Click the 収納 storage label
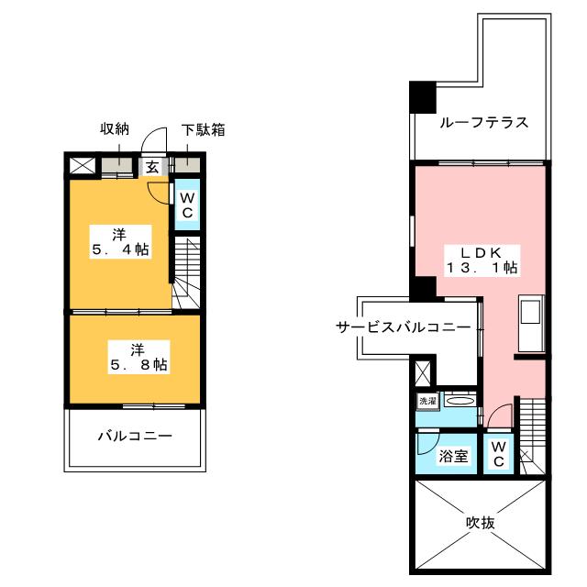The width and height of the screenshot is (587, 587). pos(115,128)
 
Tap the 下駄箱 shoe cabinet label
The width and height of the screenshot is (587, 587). pos(203,130)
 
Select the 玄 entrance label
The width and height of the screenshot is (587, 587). pos(152,167)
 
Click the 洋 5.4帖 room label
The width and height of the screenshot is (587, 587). pos(120,242)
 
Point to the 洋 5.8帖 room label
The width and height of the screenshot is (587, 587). pos(138,357)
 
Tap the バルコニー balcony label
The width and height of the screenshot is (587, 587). pos(135,437)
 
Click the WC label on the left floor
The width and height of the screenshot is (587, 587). pos(187,205)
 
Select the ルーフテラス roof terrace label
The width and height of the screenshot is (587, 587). pos(484,123)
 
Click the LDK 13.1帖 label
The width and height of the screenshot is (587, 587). pos(482,260)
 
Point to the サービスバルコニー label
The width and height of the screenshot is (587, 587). pos(404,327)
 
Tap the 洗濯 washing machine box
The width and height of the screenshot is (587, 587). pos(428,402)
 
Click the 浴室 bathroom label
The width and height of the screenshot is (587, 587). pos(453,456)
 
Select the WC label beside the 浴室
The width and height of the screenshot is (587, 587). pos(499,454)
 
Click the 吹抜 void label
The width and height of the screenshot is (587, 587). pos(481,523)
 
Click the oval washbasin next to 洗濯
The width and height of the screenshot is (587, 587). pos(460,401)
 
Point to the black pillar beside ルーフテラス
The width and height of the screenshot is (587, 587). pos(423,97)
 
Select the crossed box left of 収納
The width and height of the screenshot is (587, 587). pos(83,166)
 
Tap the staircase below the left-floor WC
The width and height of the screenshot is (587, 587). pos(187,273)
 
